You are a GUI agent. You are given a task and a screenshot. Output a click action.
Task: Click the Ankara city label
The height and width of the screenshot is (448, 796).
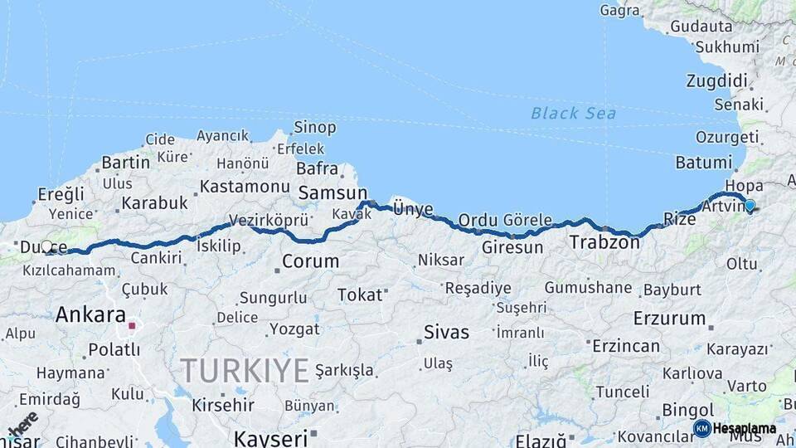tap(90, 315)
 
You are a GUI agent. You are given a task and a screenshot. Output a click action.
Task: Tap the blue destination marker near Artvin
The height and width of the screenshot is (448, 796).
tap(750, 206)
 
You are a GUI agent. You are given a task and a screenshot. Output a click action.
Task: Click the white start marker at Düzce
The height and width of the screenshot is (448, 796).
tap(47, 246)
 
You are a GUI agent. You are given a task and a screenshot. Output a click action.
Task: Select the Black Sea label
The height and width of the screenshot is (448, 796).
tap(573, 113)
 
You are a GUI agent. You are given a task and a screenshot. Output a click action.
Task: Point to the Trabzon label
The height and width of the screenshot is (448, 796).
tap(604, 243)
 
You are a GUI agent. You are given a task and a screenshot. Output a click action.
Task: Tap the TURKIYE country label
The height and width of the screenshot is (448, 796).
tap(245, 370)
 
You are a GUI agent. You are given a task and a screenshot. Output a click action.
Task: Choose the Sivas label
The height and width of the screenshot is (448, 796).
tap(446, 333)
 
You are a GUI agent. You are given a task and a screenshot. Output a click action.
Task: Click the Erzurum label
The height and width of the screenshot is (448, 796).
tap(668, 318)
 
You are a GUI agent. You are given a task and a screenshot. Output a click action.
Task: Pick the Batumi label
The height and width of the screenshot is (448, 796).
tap(703, 163)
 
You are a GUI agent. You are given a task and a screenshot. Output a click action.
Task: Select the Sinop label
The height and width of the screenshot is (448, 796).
tap(315, 128)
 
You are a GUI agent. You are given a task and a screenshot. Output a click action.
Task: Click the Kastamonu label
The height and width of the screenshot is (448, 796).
tap(244, 186)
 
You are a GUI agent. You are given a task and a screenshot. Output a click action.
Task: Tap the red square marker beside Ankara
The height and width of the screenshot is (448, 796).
tap(131, 325)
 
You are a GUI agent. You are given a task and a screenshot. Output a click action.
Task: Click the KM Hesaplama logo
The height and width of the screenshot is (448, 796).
tap(735, 428)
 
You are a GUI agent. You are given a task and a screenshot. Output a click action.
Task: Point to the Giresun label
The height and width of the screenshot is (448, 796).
tap(512, 247)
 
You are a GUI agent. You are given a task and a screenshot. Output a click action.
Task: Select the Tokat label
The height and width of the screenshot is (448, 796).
tap(360, 295)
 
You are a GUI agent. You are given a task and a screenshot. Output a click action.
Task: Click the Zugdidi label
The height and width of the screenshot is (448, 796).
tap(716, 80)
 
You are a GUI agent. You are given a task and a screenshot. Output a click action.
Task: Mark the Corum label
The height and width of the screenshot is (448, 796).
tap(310, 261)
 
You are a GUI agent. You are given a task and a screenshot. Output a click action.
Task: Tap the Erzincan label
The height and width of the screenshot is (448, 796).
tap(621, 343)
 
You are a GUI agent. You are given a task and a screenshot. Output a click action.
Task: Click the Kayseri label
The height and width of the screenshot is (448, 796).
tap(270, 436)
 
